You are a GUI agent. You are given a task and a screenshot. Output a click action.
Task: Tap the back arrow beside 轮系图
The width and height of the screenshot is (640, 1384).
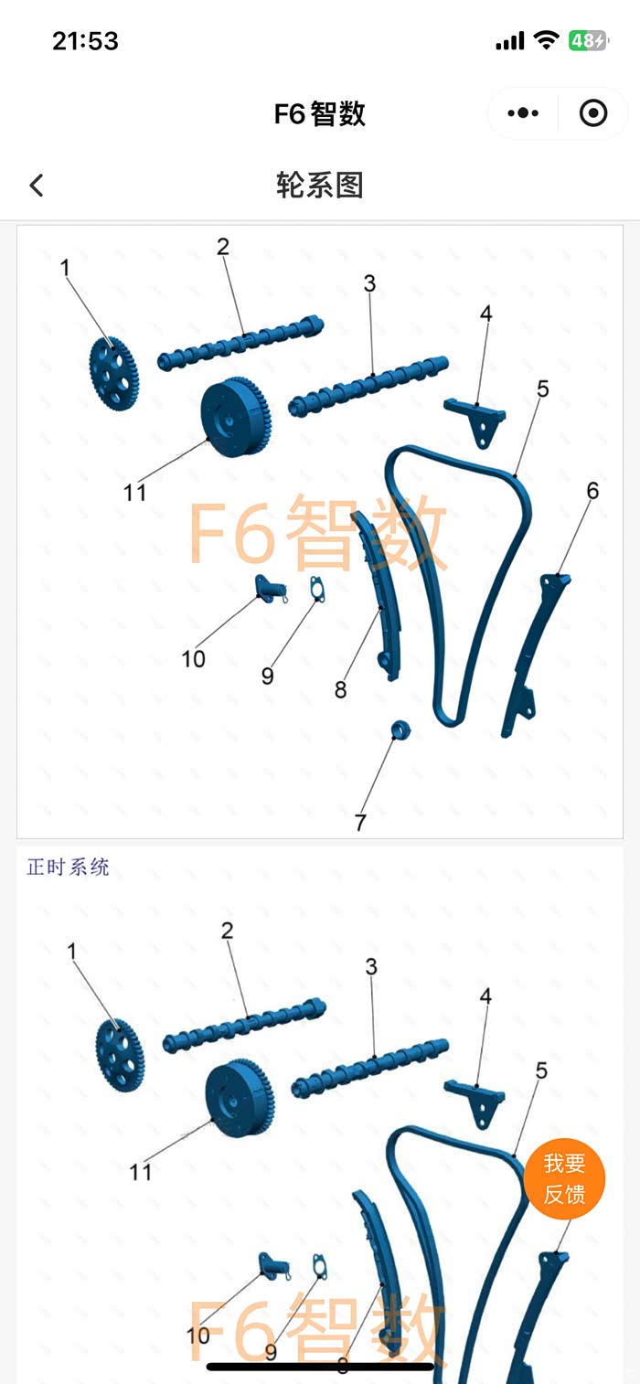[37, 186]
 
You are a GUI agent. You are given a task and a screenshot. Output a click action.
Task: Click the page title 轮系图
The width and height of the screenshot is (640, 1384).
[320, 186]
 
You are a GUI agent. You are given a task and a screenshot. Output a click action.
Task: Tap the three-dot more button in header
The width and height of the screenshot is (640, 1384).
[523, 113]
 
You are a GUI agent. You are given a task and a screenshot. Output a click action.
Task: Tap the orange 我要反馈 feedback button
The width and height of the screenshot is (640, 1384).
[564, 1179]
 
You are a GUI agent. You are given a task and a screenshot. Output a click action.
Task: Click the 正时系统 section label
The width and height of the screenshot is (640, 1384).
[69, 867]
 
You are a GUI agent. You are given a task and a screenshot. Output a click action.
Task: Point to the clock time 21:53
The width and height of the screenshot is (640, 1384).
[85, 41]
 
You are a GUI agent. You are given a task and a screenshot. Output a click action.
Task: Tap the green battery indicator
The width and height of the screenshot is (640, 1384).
[587, 40]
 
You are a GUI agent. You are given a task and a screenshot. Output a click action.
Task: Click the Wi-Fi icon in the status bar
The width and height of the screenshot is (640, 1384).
[547, 40]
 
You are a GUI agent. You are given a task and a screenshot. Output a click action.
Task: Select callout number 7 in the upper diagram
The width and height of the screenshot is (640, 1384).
[360, 822]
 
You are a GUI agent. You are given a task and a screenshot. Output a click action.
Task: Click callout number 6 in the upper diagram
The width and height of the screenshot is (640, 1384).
[592, 491]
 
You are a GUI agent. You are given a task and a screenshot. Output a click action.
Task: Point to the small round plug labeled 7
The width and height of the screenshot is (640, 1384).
[400, 729]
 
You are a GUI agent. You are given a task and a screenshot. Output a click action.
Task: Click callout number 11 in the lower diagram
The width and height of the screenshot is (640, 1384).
[140, 1171]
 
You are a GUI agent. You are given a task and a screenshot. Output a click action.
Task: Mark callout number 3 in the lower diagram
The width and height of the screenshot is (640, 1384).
[371, 966]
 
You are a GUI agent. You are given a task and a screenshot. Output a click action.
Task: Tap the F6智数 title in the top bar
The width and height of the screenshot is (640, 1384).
[320, 113]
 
